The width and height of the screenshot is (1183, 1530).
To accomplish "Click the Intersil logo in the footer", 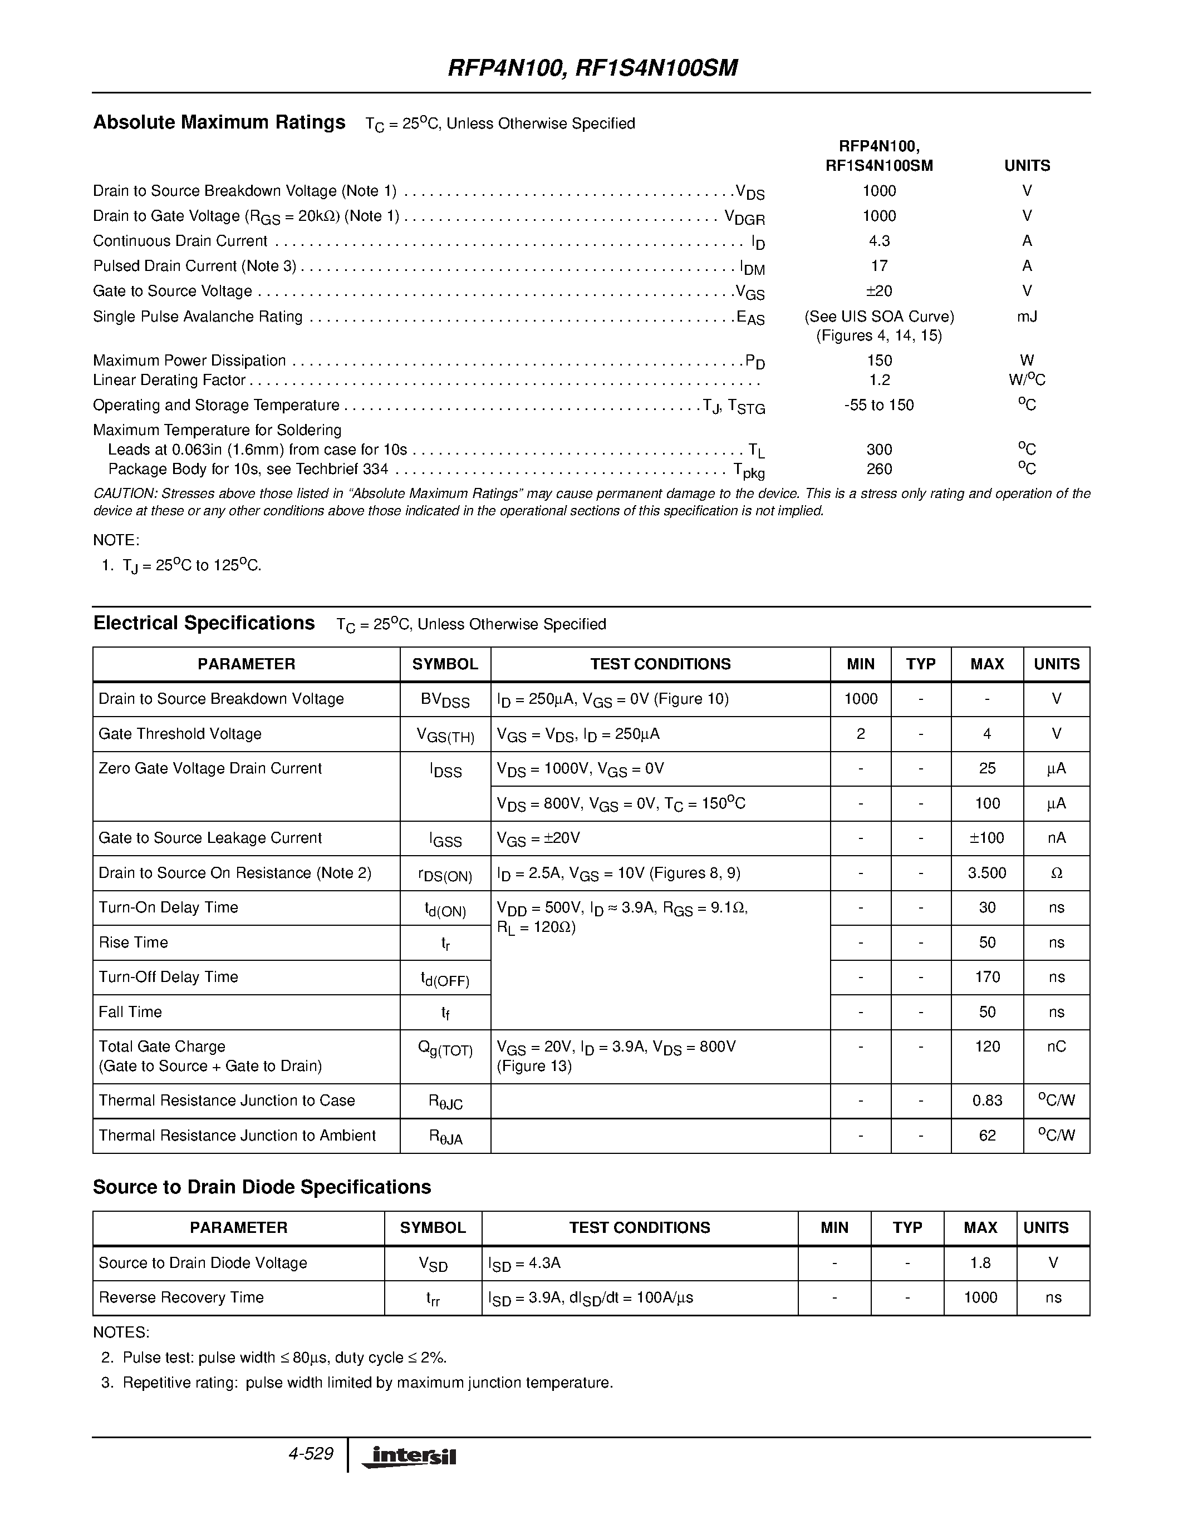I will [x=409, y=1457].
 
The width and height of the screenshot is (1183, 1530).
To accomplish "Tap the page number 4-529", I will [x=311, y=1454].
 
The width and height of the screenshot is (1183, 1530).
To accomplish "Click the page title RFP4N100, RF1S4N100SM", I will [x=592, y=68].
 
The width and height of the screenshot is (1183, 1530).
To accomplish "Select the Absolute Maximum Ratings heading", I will [x=219, y=122].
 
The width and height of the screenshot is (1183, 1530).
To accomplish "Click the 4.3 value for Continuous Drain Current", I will [x=879, y=241].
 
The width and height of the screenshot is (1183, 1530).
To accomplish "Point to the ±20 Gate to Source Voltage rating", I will [x=879, y=291].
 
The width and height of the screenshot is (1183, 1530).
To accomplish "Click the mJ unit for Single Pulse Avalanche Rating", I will [x=1027, y=317].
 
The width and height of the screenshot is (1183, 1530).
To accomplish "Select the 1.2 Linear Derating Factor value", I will [x=879, y=379].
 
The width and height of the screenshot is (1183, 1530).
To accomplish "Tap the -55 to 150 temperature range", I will [x=879, y=405].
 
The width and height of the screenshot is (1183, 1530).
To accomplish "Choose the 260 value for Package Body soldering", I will [x=879, y=468].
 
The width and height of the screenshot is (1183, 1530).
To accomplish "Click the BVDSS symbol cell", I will [x=445, y=700].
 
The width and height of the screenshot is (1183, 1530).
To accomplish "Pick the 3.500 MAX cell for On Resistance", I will [x=987, y=873].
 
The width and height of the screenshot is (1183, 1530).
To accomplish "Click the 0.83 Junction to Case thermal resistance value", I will [x=987, y=1100].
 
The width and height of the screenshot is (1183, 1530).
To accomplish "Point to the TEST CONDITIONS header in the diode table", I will [x=639, y=1227].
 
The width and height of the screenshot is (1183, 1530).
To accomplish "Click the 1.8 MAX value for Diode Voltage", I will [x=980, y=1262].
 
